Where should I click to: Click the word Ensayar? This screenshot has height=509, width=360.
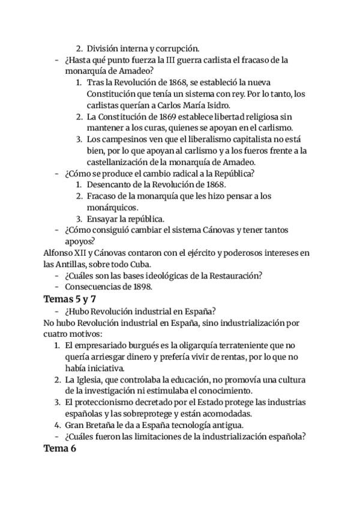[x=104, y=219]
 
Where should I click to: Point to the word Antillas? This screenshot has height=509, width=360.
[x=76, y=265]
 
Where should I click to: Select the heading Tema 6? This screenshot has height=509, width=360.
[x=60, y=449]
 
